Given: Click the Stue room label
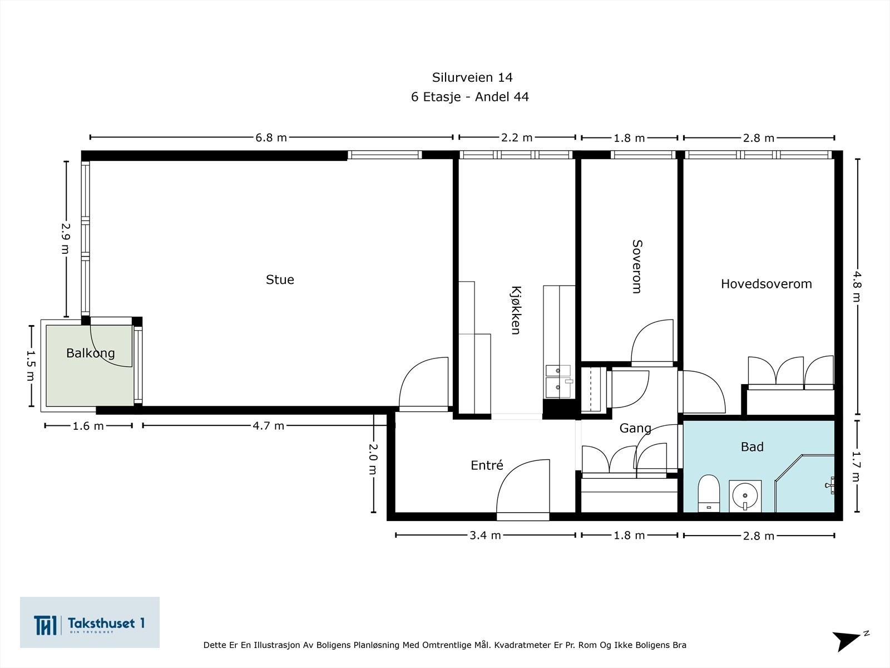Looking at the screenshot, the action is [x=280, y=279].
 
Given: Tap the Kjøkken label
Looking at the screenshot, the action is [x=516, y=310].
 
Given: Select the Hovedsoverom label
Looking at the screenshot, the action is [x=767, y=284].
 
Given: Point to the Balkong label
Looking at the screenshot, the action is [x=91, y=353].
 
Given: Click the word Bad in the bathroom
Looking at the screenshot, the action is [x=752, y=446].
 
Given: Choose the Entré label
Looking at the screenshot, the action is [x=487, y=465].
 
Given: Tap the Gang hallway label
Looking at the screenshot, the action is [x=635, y=428].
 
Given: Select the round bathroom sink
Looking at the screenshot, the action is [x=745, y=495].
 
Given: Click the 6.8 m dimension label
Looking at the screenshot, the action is [x=271, y=138].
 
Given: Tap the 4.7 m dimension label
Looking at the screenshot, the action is [x=269, y=426].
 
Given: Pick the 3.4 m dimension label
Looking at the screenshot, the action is [x=486, y=536].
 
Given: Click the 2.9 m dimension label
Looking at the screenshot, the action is [x=65, y=238].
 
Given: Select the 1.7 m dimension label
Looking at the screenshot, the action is [x=856, y=466].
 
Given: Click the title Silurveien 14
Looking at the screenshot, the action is [x=472, y=77].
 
